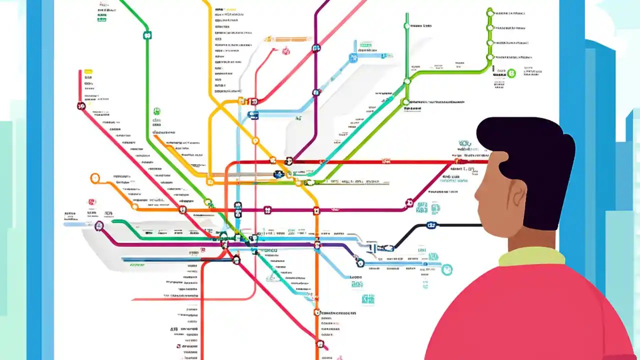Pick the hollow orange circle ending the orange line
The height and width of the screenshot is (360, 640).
pyautogui.click(x=95, y=178)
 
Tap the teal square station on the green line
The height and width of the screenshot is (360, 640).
pyautogui.click(x=147, y=35)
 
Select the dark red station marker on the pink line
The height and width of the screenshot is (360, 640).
pyautogui.click(x=81, y=106)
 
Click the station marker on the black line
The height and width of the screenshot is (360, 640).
pyautogui.click(x=431, y=225)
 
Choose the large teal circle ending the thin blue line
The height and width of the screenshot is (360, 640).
pyautogui.click(x=446, y=269)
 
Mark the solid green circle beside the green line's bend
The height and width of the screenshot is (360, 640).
pyautogui.click(x=511, y=74)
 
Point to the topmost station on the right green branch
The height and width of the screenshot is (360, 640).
pyautogui.click(x=490, y=12)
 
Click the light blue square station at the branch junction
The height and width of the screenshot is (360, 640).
pyautogui.click(x=353, y=58)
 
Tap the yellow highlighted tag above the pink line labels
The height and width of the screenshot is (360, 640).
pyautogui.click(x=88, y=71)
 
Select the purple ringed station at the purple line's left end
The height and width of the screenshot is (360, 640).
pyautogui.click(x=99, y=226)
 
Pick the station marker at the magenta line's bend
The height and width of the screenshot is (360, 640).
pyautogui.click(x=409, y=203)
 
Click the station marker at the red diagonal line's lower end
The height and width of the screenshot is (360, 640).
pyautogui.click(x=320, y=343)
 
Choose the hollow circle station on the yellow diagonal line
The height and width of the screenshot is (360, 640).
pyautogui.click(x=255, y=141)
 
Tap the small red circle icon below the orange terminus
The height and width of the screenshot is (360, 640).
pyautogui.click(x=91, y=202)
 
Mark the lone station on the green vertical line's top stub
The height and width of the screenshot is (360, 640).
pyautogui.click(x=406, y=25)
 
